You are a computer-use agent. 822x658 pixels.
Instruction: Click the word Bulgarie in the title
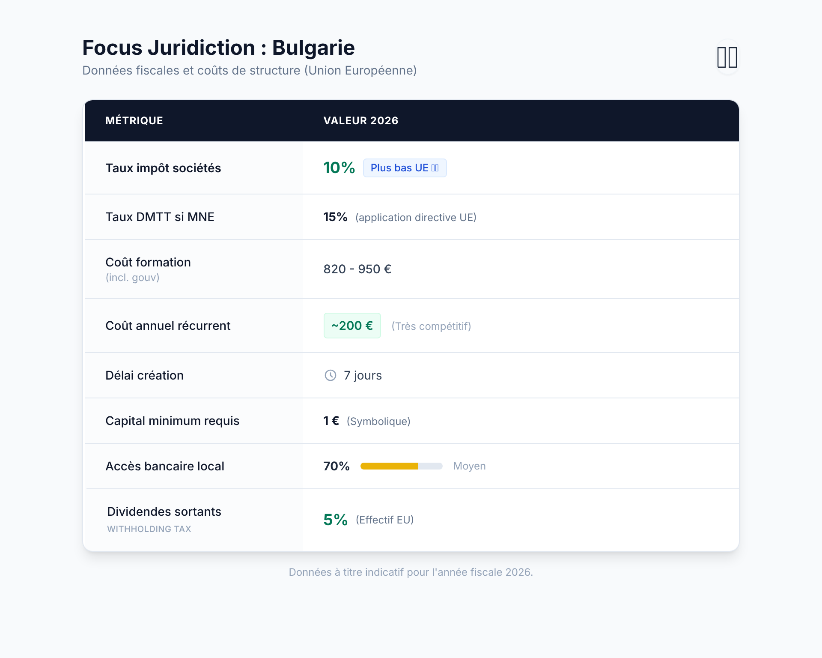click(313, 48)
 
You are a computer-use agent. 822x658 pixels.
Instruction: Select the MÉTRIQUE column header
click(134, 121)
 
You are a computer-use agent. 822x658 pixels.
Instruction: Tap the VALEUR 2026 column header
click(360, 121)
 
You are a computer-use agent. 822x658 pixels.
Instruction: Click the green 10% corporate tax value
click(339, 168)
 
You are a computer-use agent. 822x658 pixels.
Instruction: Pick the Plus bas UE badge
click(405, 168)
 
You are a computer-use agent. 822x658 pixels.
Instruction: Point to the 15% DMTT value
click(335, 217)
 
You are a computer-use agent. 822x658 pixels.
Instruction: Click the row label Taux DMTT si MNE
click(160, 217)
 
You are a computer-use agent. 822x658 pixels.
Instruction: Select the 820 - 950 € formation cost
click(357, 269)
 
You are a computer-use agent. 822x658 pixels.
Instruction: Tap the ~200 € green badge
click(352, 326)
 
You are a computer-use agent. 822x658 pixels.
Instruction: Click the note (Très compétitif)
click(431, 326)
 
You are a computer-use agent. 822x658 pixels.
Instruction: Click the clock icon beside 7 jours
click(331, 375)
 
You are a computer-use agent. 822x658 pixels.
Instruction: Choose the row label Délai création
click(144, 375)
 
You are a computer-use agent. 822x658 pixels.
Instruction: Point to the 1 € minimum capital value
click(331, 421)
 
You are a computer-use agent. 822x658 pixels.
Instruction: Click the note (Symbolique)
click(378, 422)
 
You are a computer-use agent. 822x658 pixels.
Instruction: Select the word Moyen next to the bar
click(469, 466)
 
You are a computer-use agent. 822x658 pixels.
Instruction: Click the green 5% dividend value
click(335, 520)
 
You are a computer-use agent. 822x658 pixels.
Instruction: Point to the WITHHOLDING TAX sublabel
click(149, 529)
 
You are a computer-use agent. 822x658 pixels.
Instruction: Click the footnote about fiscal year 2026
click(411, 572)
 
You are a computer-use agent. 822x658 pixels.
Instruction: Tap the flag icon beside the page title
click(727, 57)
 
